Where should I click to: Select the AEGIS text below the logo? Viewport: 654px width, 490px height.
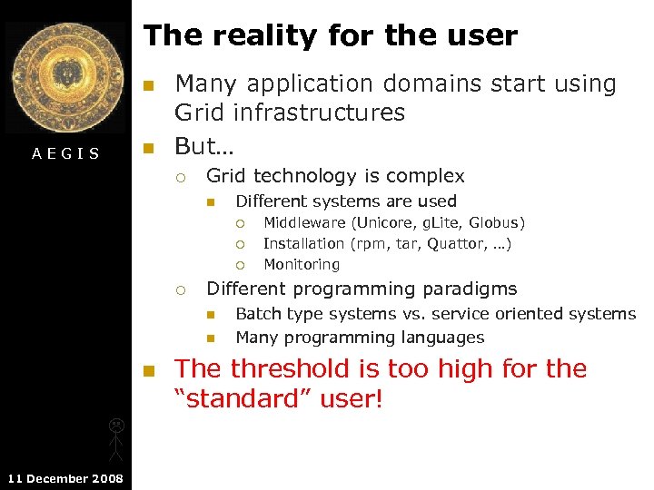click(65, 154)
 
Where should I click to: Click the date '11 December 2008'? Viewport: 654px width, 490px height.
click(65, 478)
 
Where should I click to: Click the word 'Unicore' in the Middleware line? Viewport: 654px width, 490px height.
click(381, 222)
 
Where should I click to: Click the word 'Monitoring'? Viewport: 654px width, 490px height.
click(302, 265)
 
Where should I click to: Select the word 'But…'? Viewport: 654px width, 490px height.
click(204, 147)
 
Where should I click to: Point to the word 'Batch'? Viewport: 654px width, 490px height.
click(256, 314)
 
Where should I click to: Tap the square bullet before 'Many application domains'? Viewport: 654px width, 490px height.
click(150, 85)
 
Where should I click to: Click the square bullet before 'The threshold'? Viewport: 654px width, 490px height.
click(150, 370)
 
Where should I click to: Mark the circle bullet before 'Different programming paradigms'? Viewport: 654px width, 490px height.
click(181, 290)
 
